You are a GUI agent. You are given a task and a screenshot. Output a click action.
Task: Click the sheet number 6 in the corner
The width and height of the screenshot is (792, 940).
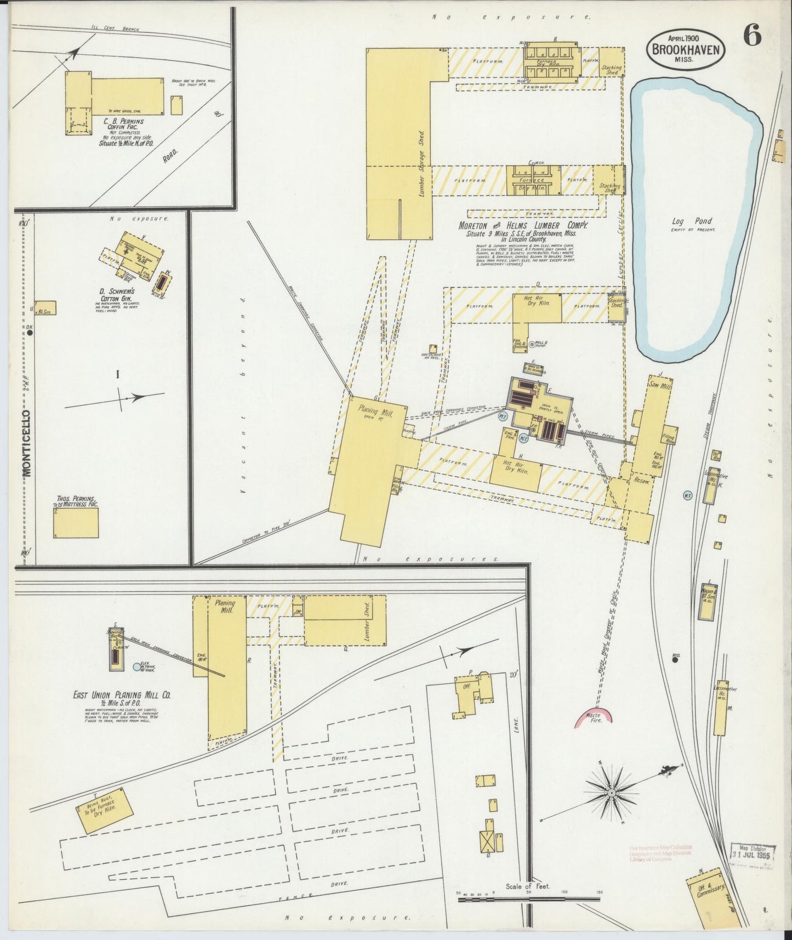(x=752, y=37)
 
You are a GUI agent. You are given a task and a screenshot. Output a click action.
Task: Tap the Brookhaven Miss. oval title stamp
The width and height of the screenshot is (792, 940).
(x=686, y=49)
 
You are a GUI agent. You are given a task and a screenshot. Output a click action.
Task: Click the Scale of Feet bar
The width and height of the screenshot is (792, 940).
(x=529, y=899)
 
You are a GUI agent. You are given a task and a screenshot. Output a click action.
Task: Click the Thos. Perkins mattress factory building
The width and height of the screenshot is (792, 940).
(x=76, y=522)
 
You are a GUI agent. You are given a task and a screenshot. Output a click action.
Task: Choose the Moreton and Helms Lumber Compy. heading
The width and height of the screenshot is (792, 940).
(x=523, y=226)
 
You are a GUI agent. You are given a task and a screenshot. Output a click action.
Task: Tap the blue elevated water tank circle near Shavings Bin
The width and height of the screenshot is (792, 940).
(x=136, y=667)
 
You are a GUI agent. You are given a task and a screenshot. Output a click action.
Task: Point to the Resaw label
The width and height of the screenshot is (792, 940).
(x=641, y=481)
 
